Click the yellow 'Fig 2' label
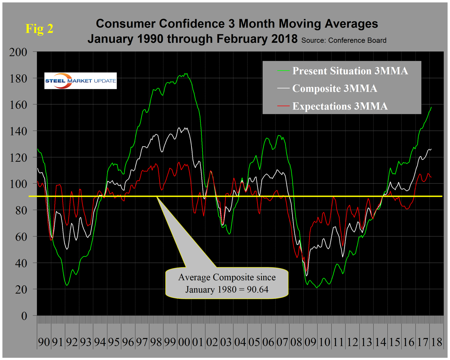40,28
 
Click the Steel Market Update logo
80,81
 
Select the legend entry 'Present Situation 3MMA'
349,71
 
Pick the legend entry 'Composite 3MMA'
334,88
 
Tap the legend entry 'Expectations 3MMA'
340,106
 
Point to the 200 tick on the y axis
18,52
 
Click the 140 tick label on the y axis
18,131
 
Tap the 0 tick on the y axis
24,316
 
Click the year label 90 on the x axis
44,342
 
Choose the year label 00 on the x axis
184,342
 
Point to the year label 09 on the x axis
310,342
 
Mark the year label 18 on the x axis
436,342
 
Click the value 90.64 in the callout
255,290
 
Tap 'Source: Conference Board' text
344,40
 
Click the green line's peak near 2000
186,73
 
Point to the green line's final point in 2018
431,107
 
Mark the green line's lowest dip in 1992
67,285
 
